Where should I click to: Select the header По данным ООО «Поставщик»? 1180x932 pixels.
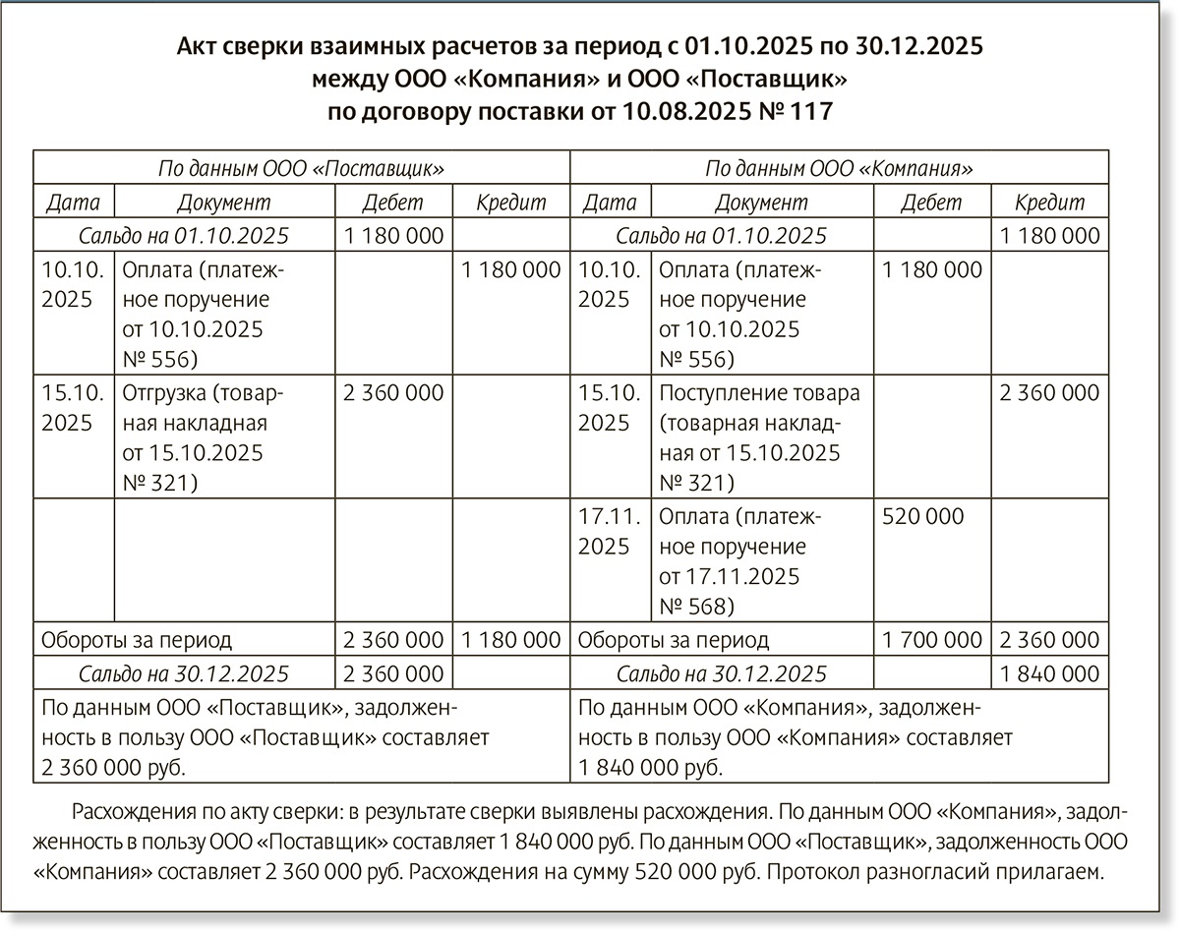[301, 168]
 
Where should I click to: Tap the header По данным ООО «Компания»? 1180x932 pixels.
[839, 168]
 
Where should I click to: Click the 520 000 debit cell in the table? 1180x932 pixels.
[923, 516]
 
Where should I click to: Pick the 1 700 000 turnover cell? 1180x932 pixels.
[932, 640]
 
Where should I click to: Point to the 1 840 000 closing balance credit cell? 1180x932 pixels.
[1049, 673]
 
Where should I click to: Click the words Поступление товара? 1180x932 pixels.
[759, 393]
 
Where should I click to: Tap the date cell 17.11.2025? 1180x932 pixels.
[604, 531]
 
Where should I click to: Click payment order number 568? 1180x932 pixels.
[709, 606]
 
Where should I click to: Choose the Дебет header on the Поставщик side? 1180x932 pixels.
[392, 203]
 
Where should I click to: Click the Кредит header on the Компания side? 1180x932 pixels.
[1048, 203]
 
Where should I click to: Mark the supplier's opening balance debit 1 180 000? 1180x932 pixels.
[393, 236]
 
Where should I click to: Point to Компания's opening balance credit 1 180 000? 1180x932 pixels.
[1049, 236]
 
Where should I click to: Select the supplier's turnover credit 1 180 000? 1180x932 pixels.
[510, 640]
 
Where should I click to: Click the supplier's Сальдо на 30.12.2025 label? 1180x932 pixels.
[184, 673]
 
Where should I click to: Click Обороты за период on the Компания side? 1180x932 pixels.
[674, 640]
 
